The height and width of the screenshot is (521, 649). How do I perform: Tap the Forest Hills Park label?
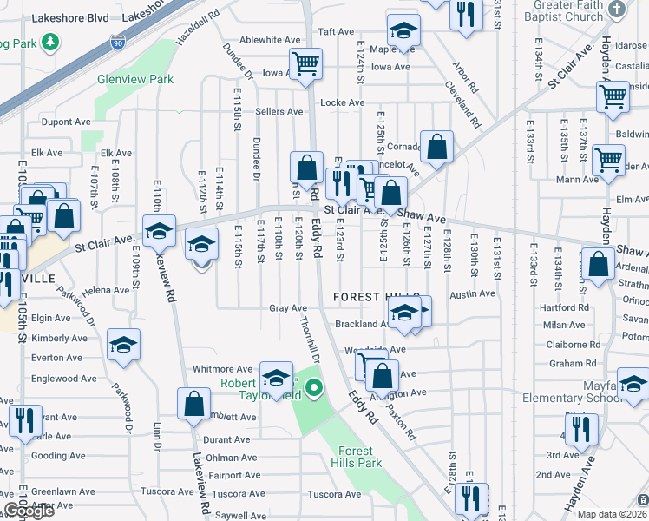click(x=356, y=457)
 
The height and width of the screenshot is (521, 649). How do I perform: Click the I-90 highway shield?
click(x=118, y=42)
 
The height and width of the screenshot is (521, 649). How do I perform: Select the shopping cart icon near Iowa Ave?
click(x=305, y=63)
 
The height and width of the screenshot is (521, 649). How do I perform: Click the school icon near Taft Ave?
click(x=402, y=32)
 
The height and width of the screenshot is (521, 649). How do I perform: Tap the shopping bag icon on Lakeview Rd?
click(x=193, y=403)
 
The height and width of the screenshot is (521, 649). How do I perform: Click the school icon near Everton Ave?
click(x=123, y=345)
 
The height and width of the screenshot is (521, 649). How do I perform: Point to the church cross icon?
click(x=616, y=10)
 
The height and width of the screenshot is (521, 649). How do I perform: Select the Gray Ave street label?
click(x=288, y=308)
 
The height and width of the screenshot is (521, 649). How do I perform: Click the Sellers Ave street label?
click(x=279, y=112)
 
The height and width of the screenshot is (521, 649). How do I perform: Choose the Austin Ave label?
click(x=472, y=294)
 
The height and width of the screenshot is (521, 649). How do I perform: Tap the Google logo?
click(x=29, y=511)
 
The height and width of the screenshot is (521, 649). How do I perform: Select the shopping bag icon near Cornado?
click(x=436, y=146)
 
